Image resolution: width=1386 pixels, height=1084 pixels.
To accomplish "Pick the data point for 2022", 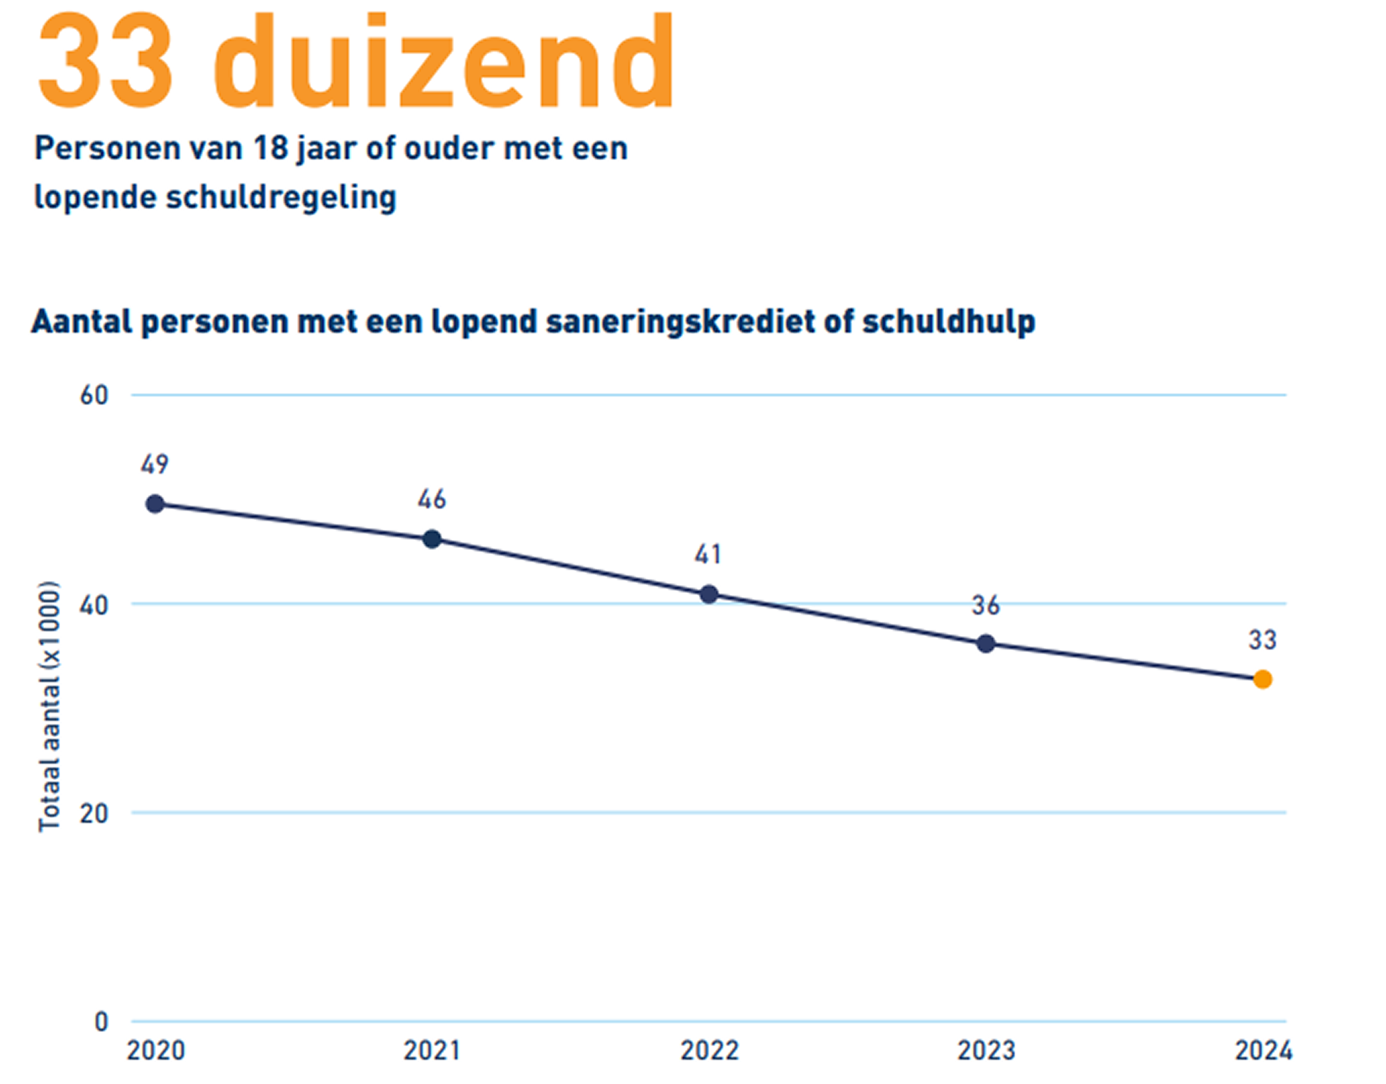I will pyautogui.click(x=709, y=595).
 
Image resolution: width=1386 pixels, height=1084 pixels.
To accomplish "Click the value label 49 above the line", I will pyautogui.click(x=155, y=465).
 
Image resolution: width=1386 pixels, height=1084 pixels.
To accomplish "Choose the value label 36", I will pyautogui.click(x=986, y=605).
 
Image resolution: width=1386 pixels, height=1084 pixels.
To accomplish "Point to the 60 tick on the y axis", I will pyautogui.click(x=94, y=395).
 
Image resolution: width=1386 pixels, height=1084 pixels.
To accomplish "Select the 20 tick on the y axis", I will pyautogui.click(x=94, y=813).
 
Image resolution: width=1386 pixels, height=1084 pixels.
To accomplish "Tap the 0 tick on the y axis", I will pyautogui.click(x=101, y=1022).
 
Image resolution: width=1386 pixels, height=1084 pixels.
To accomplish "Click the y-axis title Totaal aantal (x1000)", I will pyautogui.click(x=49, y=706).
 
